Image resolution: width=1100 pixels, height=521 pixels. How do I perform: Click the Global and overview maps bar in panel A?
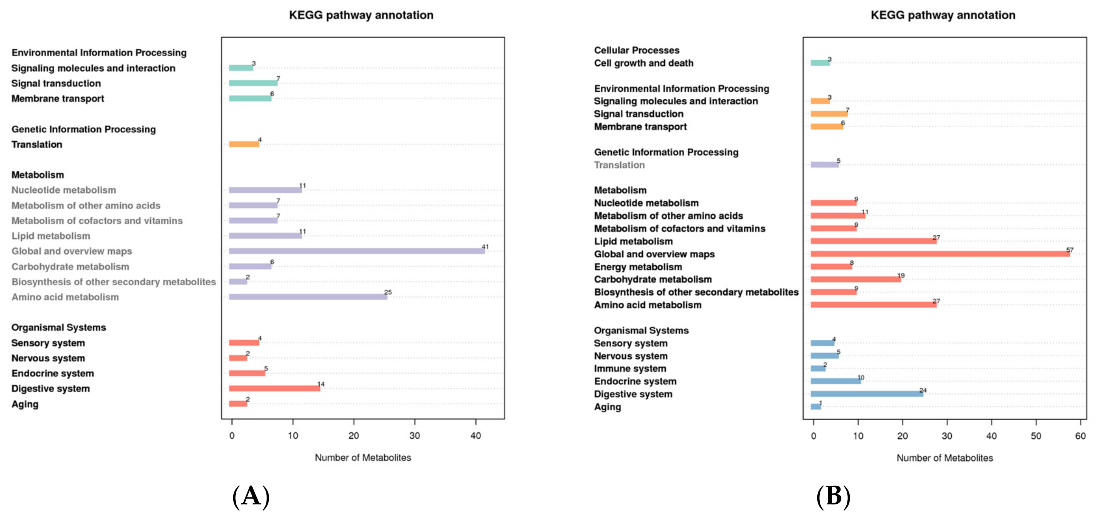[357, 251]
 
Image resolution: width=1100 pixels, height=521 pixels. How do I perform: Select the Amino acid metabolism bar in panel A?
[308, 296]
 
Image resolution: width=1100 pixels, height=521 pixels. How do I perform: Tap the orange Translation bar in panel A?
[244, 144]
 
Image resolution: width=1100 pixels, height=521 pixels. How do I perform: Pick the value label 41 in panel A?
[485, 247]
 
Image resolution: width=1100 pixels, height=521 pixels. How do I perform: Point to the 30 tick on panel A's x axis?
[414, 436]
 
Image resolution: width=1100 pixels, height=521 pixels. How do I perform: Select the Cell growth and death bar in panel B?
[820, 63]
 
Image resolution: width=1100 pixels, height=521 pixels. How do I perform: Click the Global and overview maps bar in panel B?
[940, 254]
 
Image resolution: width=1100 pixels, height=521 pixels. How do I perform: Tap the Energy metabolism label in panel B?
[638, 267]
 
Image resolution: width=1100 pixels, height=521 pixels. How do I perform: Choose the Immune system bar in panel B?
[818, 368]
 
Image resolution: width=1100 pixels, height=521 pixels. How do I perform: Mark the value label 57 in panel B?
[1069, 250]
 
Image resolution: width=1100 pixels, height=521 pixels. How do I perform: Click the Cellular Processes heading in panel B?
[636, 50]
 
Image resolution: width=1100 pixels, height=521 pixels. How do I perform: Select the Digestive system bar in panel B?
[866, 394]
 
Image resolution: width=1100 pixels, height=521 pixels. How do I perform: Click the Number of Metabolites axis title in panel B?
[944, 458]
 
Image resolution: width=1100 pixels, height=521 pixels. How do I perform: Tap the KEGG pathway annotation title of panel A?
[361, 15]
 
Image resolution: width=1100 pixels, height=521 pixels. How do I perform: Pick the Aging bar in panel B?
[816, 406]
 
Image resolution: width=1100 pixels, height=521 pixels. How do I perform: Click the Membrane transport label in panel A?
[58, 98]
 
